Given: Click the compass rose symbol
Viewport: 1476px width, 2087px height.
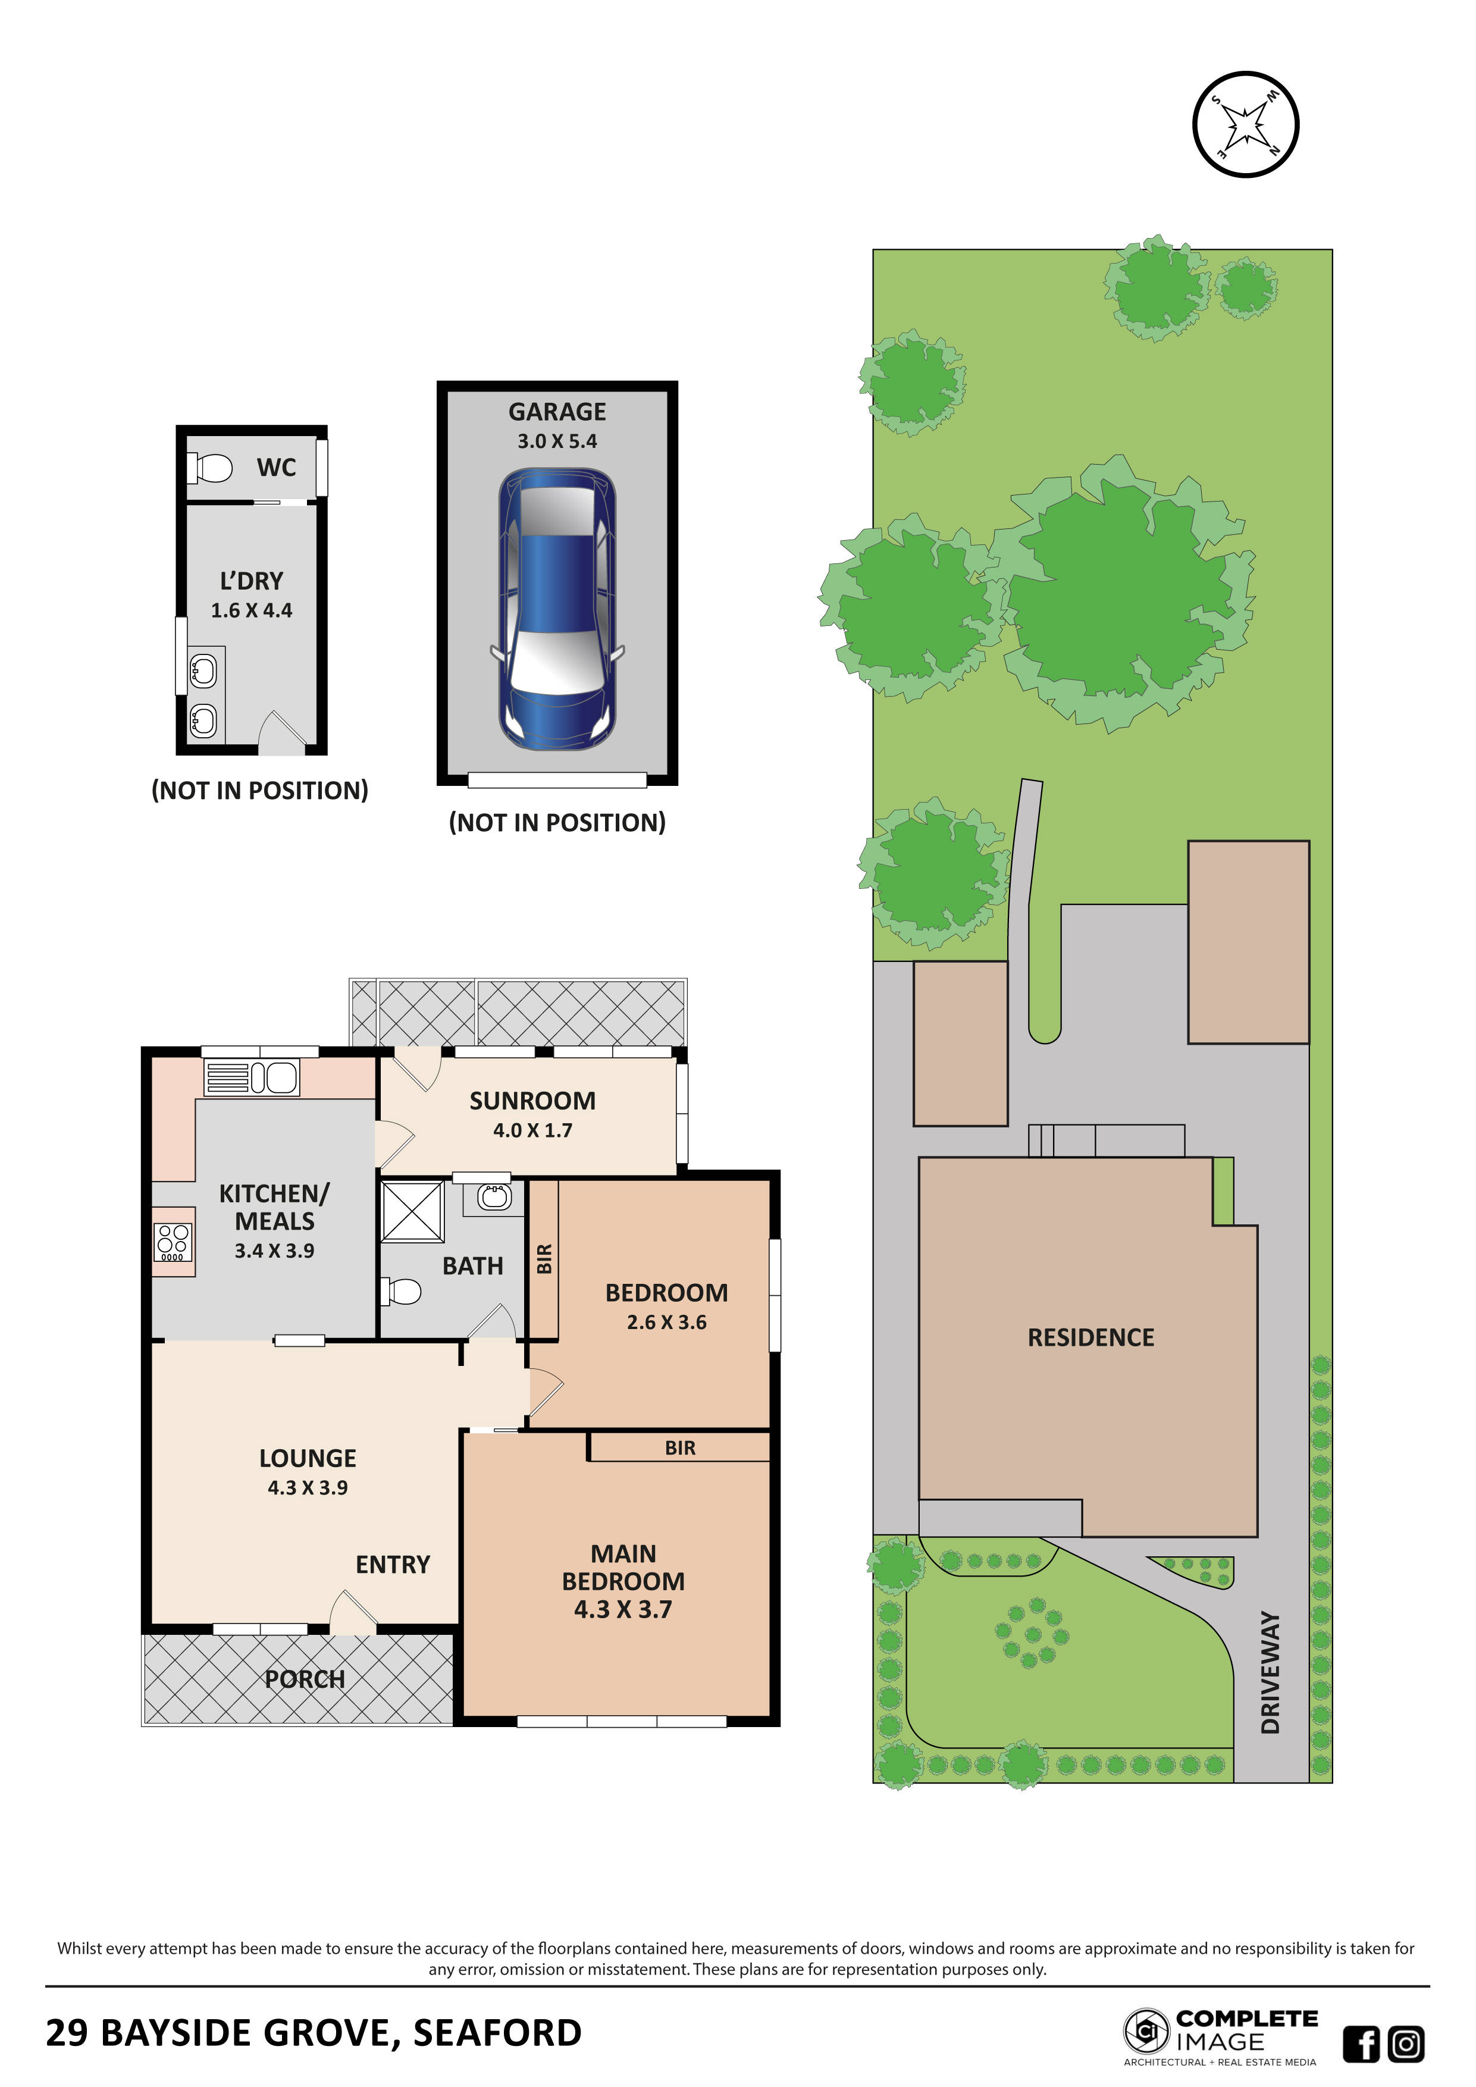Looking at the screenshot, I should pos(1245,124).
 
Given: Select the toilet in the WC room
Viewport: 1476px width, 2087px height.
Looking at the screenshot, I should pos(210,468).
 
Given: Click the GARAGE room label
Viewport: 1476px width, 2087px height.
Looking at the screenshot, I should pos(556,412).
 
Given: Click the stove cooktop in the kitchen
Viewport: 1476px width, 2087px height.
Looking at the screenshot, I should pos(173,1242).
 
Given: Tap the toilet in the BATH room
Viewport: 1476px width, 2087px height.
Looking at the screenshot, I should pos(403,1291).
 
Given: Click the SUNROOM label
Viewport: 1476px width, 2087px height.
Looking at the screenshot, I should pos(532,1101).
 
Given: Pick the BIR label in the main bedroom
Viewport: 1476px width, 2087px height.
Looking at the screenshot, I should pos(680,1448).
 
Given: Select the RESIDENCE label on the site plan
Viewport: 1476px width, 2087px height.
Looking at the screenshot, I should pos(1090,1337).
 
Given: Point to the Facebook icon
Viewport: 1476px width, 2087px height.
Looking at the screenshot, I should pos(1361,2044).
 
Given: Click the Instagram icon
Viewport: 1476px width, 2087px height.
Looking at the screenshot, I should pos(1406,2044).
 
